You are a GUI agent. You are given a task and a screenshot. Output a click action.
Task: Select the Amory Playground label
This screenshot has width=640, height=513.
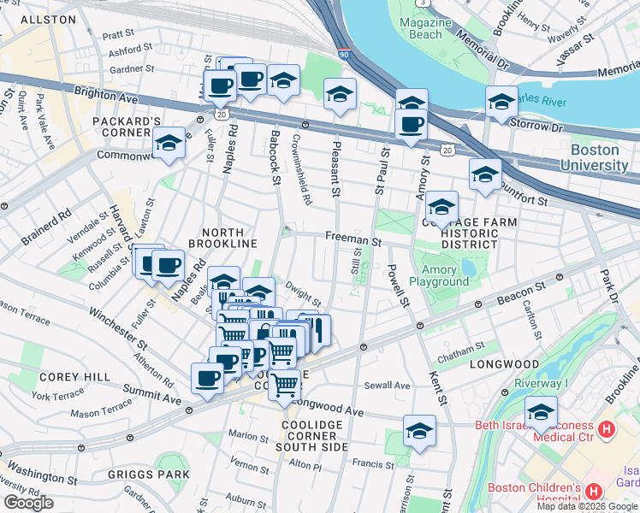click(x=439, y=275)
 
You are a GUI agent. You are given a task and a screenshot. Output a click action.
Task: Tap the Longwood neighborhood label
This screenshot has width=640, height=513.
click(x=501, y=365)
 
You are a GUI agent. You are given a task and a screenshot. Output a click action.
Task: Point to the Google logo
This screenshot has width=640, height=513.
click(x=28, y=503)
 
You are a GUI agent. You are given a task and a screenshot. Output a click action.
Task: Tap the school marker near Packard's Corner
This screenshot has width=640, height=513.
click(x=169, y=144)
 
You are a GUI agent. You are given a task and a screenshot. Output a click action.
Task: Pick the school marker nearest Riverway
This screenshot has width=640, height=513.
click(x=541, y=411)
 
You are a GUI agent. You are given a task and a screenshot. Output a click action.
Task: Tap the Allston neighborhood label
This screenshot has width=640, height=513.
click(x=42, y=18)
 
